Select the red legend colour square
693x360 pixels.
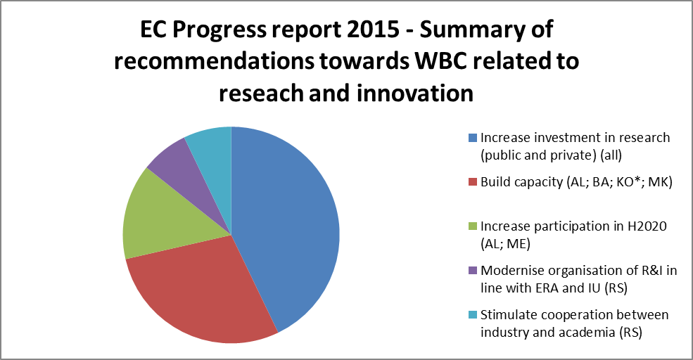pos(473,182)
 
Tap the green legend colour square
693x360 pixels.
pos(473,226)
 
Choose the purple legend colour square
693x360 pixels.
pos(473,271)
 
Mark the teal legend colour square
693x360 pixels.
pos(473,315)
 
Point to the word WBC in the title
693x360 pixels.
pos(438,61)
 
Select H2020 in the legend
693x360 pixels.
pos(647,226)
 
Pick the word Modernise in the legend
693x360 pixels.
pos(513,270)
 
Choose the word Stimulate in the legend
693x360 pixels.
pos(509,314)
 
